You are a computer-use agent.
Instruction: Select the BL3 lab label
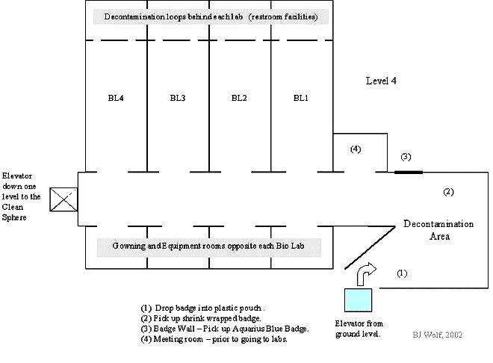178,97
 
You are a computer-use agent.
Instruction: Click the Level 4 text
381,80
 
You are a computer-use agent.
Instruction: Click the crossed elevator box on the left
63,199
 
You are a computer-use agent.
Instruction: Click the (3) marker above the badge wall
406,157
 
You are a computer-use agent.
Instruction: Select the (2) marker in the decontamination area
449,192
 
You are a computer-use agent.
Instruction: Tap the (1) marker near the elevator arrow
402,273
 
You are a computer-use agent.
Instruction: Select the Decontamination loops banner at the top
207,16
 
